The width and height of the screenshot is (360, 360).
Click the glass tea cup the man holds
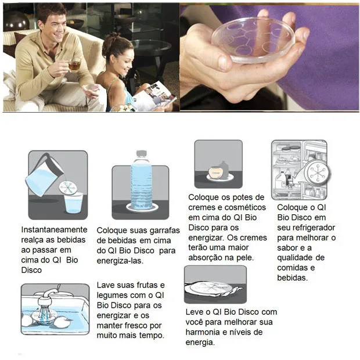pos(74,65)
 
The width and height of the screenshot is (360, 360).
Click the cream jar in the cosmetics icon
pos(218,172)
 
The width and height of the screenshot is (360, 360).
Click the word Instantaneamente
pos(54,230)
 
